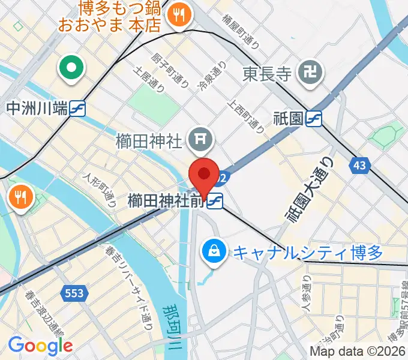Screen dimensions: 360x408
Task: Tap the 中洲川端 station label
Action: click(x=36, y=109)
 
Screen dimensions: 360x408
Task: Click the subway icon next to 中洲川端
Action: click(x=77, y=109)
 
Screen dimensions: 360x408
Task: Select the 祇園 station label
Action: click(x=286, y=119)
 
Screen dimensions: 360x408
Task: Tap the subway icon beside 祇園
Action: click(x=314, y=119)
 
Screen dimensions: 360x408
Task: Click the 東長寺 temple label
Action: click(x=267, y=74)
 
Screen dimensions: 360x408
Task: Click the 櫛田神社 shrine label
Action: click(x=148, y=142)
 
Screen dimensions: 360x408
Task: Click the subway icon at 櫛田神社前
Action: click(x=215, y=202)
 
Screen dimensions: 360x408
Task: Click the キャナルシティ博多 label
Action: click(x=307, y=252)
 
